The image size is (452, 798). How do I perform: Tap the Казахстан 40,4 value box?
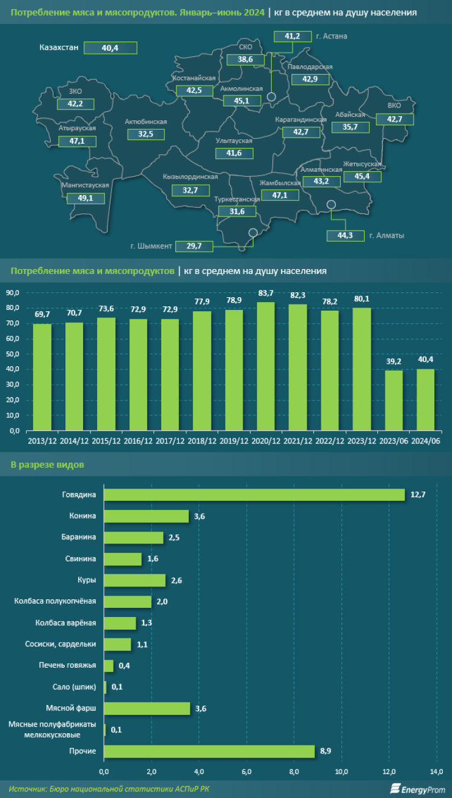pos(111,47)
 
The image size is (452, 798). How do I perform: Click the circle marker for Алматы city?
pos(331,205)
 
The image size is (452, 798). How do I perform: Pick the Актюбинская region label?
pos(145,122)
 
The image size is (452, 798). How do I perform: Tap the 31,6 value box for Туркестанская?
pos(236,212)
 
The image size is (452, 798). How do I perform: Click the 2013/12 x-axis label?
pos(42,440)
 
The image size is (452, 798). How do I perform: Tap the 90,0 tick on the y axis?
pos(13,292)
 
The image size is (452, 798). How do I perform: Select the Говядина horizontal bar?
pos(254,495)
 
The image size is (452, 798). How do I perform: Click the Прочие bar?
pos(209,751)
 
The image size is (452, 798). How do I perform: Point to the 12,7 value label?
pos(418,495)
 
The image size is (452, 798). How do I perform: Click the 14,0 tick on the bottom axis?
pos(436,769)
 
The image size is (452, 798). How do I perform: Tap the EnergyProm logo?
pos(417,789)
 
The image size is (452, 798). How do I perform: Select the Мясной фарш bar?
pos(147,708)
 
